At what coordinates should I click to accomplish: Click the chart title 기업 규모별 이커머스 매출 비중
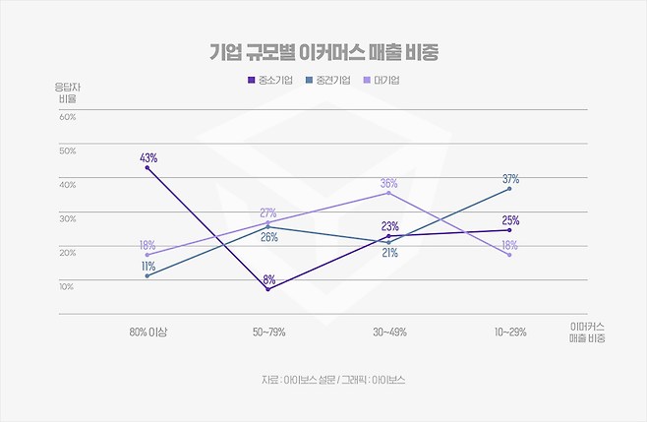pyautogui.click(x=323, y=51)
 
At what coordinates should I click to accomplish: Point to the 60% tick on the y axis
pyautogui.click(x=68, y=117)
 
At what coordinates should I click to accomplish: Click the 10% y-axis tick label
pyautogui.click(x=68, y=286)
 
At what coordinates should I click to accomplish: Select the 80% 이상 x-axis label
pyautogui.click(x=148, y=332)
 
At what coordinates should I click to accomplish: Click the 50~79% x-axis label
pyautogui.click(x=268, y=332)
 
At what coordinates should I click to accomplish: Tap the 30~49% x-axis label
pyautogui.click(x=389, y=332)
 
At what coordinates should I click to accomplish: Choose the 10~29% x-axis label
pyautogui.click(x=510, y=332)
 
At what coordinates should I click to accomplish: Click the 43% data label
pyautogui.click(x=148, y=157)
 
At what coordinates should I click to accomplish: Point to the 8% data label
pyautogui.click(x=268, y=279)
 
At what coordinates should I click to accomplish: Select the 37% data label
pyautogui.click(x=510, y=179)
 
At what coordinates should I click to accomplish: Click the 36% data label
pyautogui.click(x=388, y=183)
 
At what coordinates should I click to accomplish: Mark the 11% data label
pyautogui.click(x=148, y=266)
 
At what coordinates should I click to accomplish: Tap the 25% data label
pyautogui.click(x=510, y=220)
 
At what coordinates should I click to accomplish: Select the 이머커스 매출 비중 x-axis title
pyautogui.click(x=587, y=332)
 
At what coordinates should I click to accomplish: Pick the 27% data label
pyautogui.click(x=268, y=213)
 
